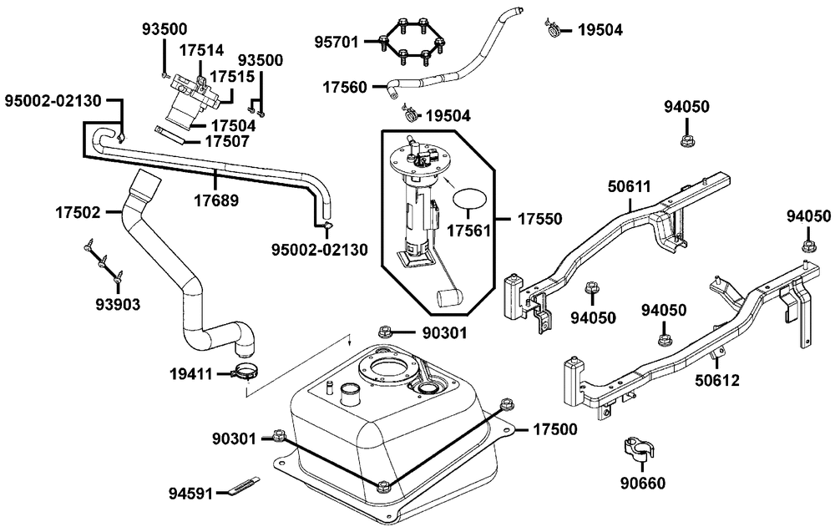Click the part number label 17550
click(540, 219)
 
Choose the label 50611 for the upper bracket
click(630, 187)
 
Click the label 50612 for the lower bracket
click(717, 380)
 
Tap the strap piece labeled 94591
click(243, 485)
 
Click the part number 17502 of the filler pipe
click(78, 212)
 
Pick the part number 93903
click(118, 305)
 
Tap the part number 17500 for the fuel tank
click(555, 429)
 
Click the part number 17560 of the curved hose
click(345, 87)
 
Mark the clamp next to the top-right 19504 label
click(554, 30)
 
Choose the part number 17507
click(227, 142)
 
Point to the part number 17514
click(201, 51)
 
